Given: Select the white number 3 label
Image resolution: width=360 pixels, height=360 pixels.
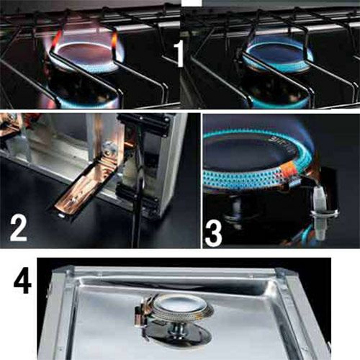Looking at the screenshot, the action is [x=213, y=234].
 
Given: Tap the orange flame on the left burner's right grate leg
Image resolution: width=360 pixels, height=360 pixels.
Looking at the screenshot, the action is [x=114, y=42].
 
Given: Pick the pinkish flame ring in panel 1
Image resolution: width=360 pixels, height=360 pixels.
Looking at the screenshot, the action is [x=86, y=56].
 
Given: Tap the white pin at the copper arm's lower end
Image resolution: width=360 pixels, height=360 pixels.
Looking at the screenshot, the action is [x=62, y=215].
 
